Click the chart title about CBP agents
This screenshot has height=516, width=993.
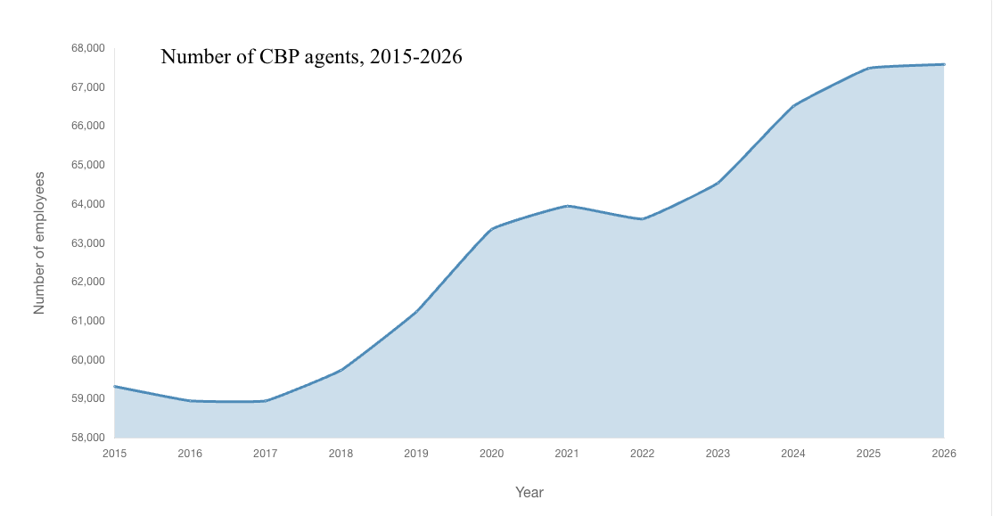[x=311, y=57]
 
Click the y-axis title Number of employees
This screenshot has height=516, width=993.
[x=39, y=242]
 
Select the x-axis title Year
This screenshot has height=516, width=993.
[x=529, y=492]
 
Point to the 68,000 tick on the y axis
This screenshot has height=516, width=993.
[x=87, y=48]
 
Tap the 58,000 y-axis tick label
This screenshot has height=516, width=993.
[x=87, y=438]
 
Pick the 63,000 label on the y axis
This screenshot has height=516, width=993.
[x=87, y=243]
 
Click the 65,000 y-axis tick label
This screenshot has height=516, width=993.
[x=87, y=165]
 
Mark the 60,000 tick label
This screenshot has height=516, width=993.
[x=87, y=360]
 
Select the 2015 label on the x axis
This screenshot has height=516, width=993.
[x=114, y=454]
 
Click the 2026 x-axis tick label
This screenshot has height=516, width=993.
[x=944, y=454]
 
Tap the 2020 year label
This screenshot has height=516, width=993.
[x=491, y=454]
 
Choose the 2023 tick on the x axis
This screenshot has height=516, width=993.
[x=718, y=454]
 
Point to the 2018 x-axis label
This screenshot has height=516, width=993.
[x=341, y=454]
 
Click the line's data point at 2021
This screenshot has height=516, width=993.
[x=567, y=206]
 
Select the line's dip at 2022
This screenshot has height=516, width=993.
[x=642, y=219]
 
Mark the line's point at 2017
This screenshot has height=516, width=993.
[x=265, y=401]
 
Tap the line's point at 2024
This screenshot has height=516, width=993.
[x=793, y=106]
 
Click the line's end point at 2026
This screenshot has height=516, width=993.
[x=944, y=64]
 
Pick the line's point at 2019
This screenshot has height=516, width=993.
[x=416, y=311]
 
